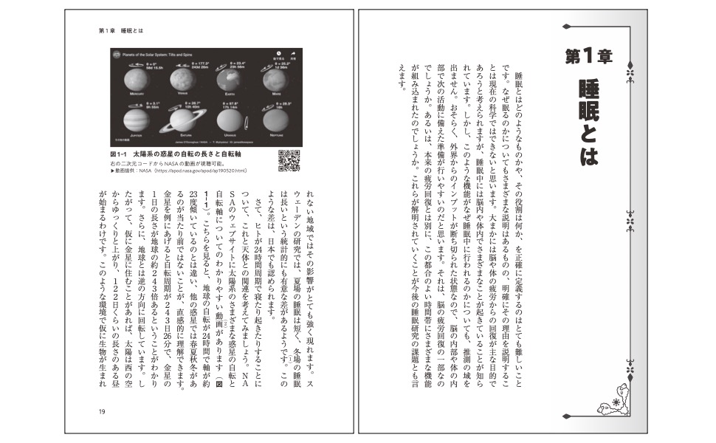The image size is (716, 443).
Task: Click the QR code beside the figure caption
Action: point(290,160)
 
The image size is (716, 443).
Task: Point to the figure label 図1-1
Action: point(120,153)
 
